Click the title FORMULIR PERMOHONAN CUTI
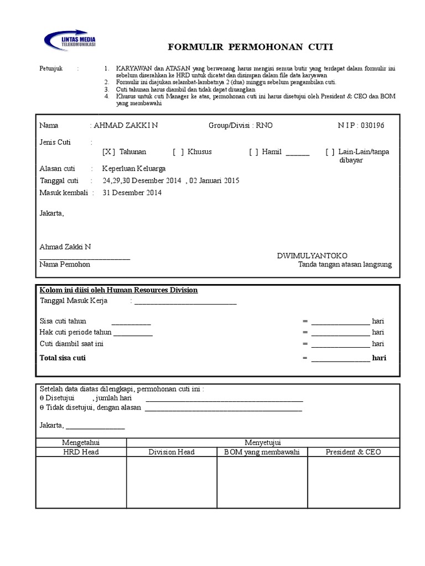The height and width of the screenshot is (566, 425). pos(251,47)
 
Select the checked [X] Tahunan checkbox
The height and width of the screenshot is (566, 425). pos(108,151)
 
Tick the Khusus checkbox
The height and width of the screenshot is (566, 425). pos(178,151)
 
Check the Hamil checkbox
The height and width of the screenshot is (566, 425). pos(254,151)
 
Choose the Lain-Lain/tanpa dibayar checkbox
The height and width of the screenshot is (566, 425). pos(330,151)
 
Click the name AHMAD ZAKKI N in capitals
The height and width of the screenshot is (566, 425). pos(126,125)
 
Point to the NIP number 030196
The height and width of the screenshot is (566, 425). pos(372,125)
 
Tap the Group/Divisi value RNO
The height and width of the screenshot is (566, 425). pos(264,125)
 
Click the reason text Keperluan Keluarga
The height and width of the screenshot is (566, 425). pos(133,169)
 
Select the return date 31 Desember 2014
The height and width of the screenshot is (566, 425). pos(132,193)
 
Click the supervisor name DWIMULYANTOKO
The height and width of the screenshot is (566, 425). pos(312,256)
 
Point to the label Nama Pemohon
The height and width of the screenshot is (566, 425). pos(65,265)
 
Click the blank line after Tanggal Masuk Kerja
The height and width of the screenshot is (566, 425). pos(185,302)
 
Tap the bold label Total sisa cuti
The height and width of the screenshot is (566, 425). pos(63,358)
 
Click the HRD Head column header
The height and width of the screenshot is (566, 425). pos(81,452)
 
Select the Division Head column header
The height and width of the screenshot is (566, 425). pos(172,452)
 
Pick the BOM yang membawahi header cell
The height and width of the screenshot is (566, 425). pos(262,452)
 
